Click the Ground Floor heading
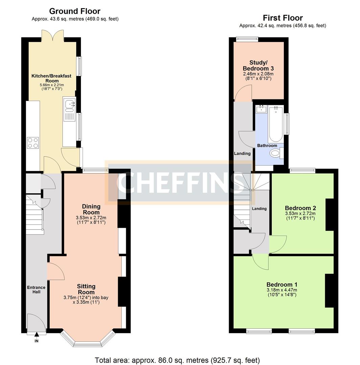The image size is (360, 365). point(74,11)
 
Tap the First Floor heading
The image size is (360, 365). point(283,18)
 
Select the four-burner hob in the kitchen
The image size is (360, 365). point(33,143)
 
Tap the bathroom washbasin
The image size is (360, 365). point(262,109)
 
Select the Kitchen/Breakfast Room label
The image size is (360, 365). point(51,78)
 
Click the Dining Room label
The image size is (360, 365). point(91,209)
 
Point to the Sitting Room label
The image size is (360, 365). point(86,289)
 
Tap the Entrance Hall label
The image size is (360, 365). point(36,290)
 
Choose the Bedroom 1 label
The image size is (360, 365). point(282,285)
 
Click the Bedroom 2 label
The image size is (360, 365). point(300,208)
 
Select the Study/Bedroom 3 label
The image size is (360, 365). point(258,66)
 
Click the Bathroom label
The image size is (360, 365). point(267,145)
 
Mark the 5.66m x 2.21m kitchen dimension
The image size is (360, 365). point(52,85)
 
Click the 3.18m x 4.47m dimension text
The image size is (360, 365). point(282,290)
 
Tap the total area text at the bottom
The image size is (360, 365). point(177,360)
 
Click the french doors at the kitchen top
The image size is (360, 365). point(53,35)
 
